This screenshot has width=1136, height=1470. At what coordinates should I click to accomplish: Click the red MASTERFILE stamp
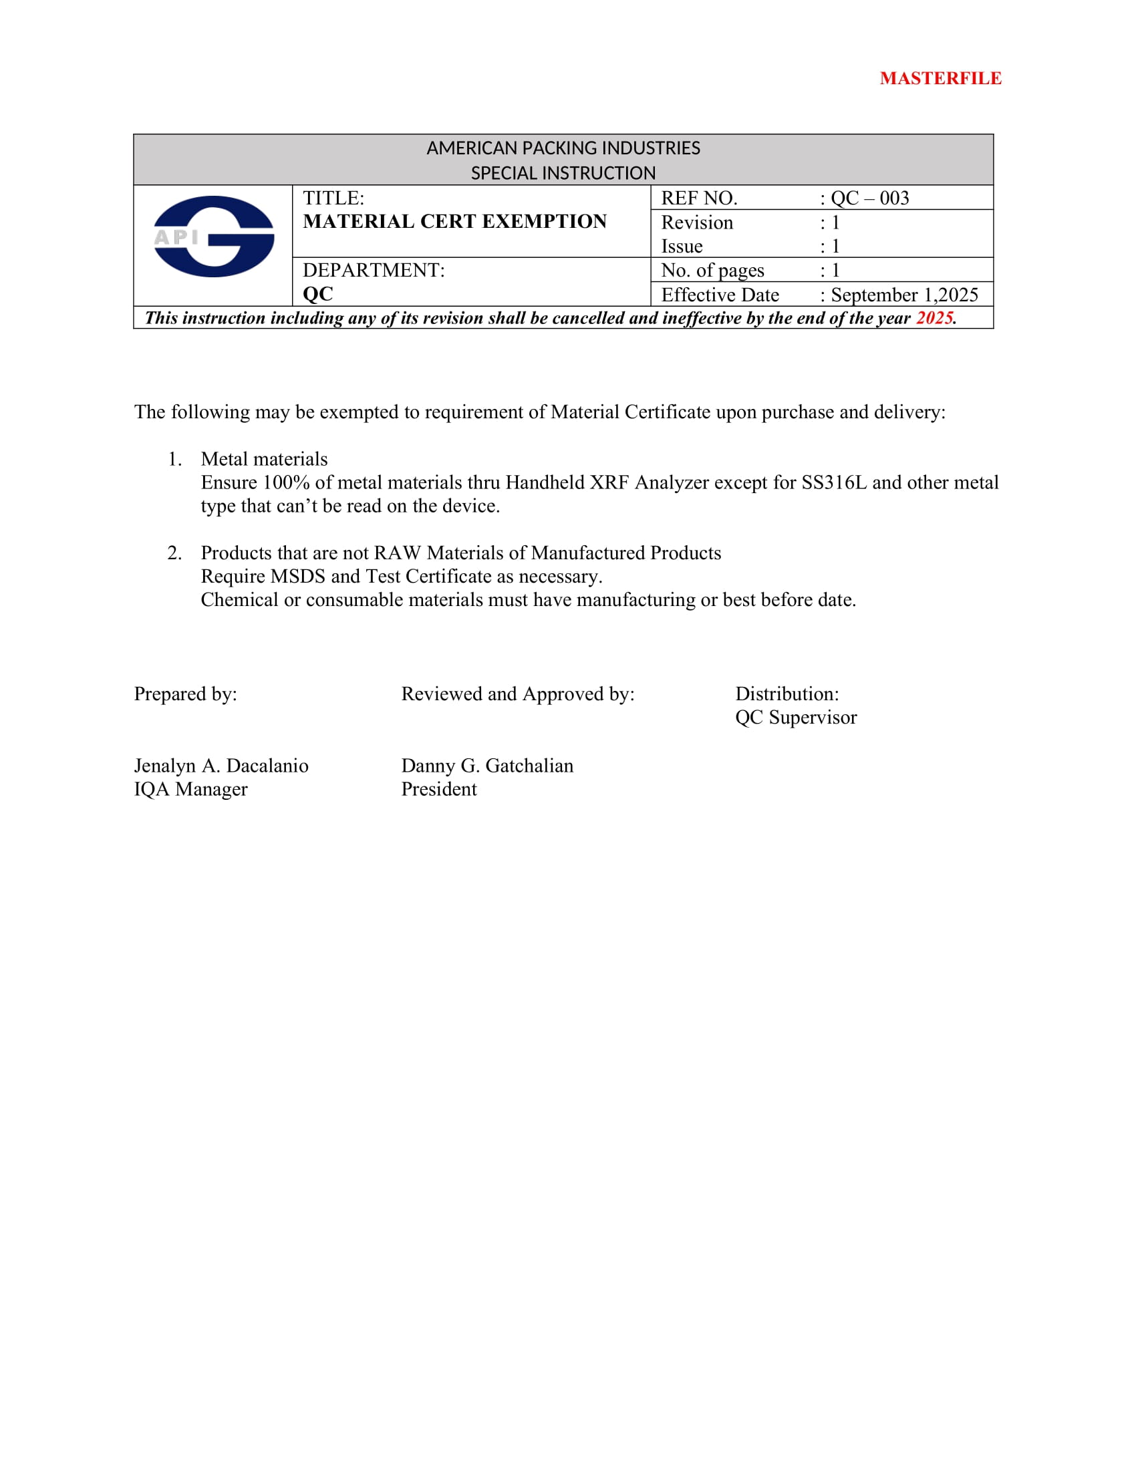click(940, 78)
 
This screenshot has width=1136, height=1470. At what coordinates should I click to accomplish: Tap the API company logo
click(213, 237)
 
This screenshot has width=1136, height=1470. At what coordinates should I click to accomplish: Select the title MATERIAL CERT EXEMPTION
click(455, 221)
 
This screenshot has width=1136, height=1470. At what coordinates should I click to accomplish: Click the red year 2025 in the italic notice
click(934, 317)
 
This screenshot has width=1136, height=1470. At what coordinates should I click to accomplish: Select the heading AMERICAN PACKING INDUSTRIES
click(563, 148)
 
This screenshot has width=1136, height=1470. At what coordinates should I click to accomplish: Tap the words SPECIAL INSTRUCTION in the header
click(563, 173)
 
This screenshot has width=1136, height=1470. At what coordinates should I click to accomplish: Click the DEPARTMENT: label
click(374, 270)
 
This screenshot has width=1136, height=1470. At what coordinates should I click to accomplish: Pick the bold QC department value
click(317, 294)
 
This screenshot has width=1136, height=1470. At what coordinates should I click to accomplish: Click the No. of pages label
click(712, 271)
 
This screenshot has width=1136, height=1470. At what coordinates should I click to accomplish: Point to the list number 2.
click(174, 553)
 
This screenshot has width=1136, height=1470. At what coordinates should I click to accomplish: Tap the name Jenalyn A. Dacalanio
click(221, 765)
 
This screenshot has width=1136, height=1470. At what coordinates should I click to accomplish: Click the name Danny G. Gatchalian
click(487, 765)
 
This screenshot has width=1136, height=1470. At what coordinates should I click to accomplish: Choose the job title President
click(439, 789)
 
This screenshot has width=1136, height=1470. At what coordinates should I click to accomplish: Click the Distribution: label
click(787, 694)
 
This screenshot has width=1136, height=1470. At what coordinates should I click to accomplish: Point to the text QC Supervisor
click(795, 718)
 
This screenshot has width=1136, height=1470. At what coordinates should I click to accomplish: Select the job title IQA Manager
click(190, 789)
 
